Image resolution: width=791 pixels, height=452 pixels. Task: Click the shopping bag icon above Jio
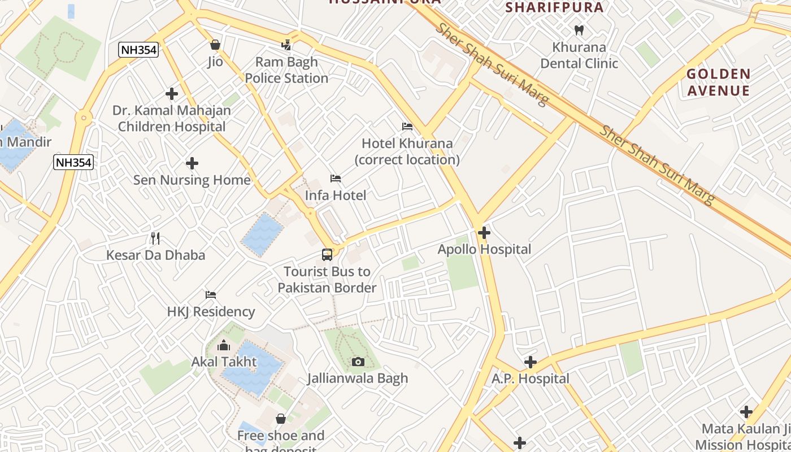click(215, 45)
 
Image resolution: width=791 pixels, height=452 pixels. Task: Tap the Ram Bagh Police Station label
click(286, 70)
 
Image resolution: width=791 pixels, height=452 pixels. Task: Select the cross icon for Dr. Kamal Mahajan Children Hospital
click(172, 94)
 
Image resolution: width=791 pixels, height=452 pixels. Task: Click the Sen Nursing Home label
click(192, 180)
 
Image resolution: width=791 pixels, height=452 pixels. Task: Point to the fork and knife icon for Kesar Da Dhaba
click(155, 238)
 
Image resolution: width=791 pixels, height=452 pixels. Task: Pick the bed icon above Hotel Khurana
click(407, 127)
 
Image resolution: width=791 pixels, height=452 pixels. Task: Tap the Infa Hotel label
click(336, 195)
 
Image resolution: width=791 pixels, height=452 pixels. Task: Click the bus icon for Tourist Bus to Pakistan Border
click(327, 255)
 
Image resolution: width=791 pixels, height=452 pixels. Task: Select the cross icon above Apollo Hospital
click(484, 232)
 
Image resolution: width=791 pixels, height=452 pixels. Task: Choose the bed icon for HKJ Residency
click(211, 295)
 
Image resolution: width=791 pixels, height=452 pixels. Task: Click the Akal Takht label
click(224, 362)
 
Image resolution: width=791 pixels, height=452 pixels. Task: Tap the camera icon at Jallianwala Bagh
click(358, 362)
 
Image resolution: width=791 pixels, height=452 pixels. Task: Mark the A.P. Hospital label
click(530, 379)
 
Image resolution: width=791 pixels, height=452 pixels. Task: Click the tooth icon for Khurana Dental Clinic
click(579, 30)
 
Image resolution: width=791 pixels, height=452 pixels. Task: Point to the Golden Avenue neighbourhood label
click(718, 82)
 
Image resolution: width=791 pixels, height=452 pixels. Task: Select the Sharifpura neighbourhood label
click(554, 7)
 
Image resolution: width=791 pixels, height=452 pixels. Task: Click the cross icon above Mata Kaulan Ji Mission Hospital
click(746, 412)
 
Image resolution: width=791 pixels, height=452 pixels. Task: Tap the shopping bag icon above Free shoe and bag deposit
click(281, 419)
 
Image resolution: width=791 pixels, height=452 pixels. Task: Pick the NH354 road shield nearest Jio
click(138, 50)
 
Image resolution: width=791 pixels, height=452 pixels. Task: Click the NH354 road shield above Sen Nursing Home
click(73, 163)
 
